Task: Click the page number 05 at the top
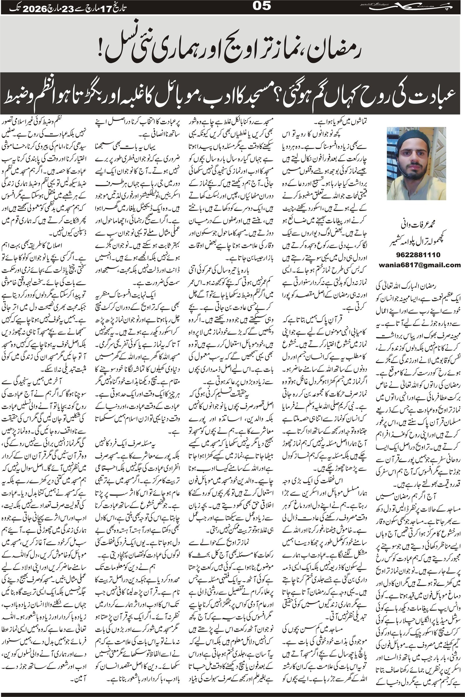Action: click(262, 6)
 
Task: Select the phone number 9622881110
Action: click(418, 255)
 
